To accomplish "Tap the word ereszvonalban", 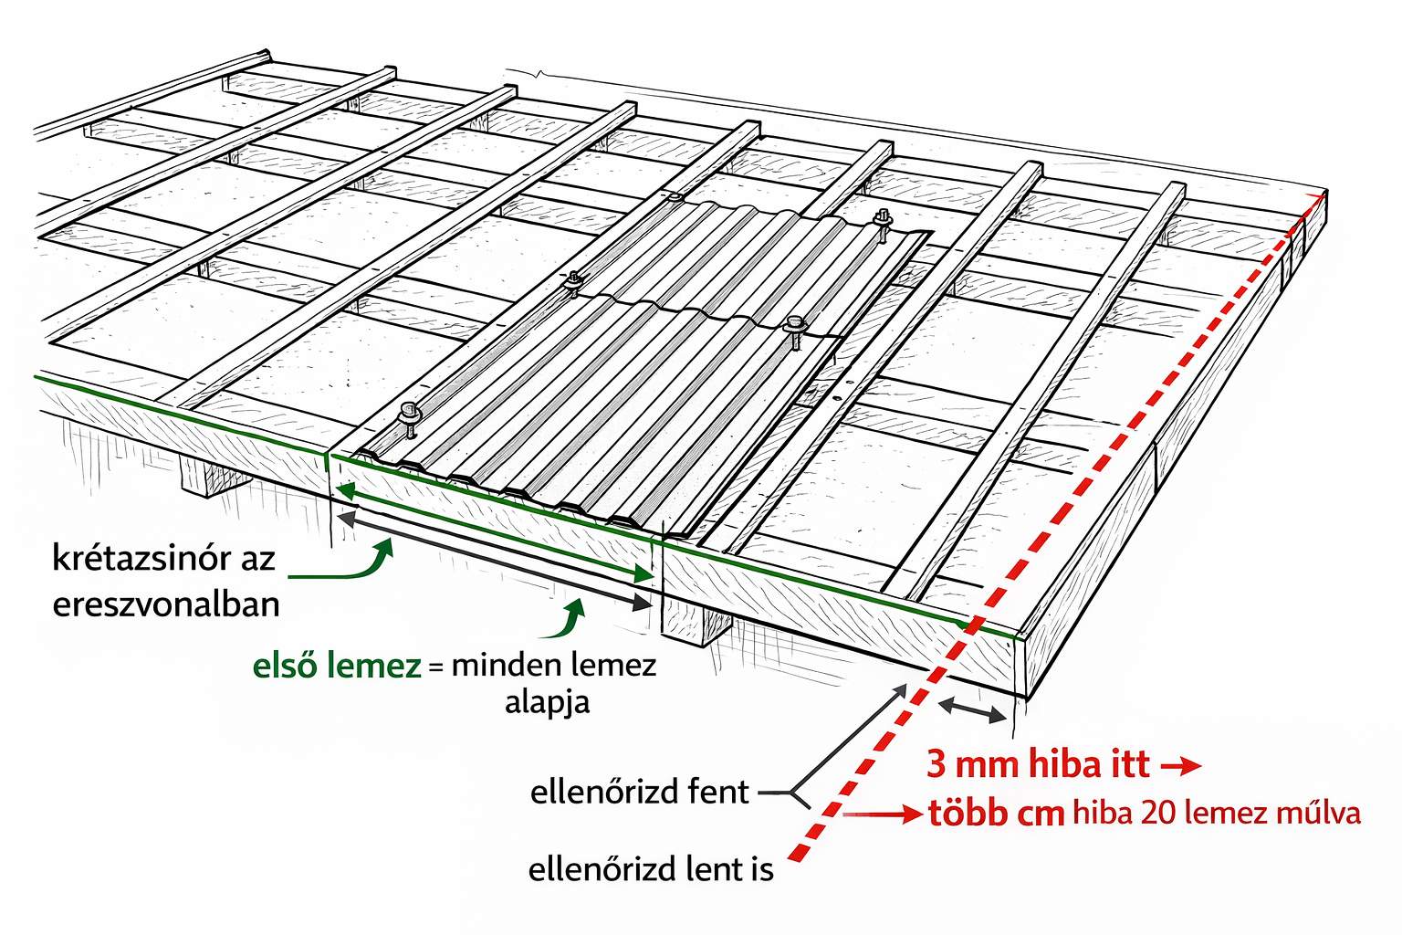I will click(165, 604).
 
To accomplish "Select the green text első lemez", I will click(336, 667).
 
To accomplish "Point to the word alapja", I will click(547, 702).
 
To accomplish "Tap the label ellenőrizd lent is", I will click(651, 870).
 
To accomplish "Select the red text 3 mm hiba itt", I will click(1038, 764).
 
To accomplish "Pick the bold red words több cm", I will click(996, 813).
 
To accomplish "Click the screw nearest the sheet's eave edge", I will click(407, 415).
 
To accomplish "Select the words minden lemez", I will click(553, 665).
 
